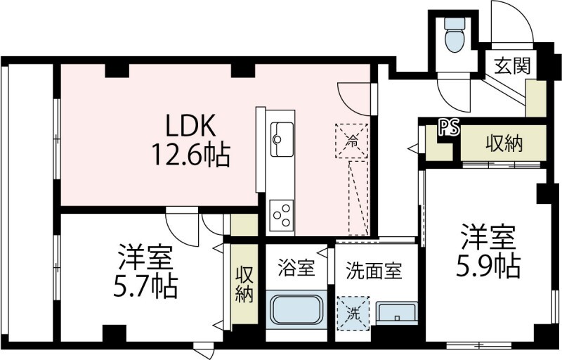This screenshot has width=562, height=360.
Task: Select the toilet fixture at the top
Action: (x=455, y=36)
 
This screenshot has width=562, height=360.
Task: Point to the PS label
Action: (x=449, y=127)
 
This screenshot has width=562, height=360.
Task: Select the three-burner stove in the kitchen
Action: (x=282, y=213)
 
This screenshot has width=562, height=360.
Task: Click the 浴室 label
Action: (x=296, y=268)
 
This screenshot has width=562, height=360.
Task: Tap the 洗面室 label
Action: (x=374, y=270)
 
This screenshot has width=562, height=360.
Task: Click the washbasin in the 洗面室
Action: (x=396, y=314)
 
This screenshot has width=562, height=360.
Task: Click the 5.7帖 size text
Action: (x=145, y=285)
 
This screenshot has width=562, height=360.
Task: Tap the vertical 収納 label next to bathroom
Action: (x=244, y=284)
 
